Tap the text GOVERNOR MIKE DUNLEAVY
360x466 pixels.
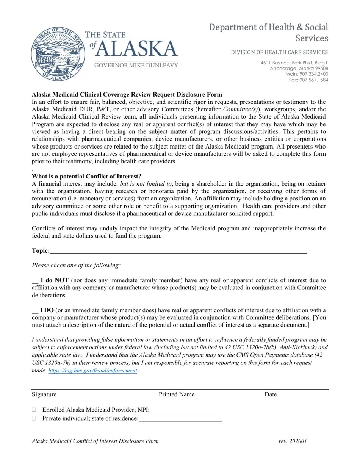(136, 66)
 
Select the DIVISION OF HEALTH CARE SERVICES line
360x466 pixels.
(279, 52)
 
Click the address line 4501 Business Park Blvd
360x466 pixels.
(294, 63)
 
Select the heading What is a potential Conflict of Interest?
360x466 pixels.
(86, 177)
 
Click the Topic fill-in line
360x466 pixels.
(178, 251)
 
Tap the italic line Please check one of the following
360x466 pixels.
(76, 266)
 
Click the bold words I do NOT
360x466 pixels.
(55, 281)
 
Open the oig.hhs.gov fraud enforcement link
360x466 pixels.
(93, 371)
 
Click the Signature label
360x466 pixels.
(44, 394)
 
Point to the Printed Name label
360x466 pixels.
(176, 394)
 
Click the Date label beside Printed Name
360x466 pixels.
(271, 394)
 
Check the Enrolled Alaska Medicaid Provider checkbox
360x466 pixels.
(34, 410)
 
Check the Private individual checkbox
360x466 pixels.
(34, 418)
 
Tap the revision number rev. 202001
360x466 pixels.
(293, 441)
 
